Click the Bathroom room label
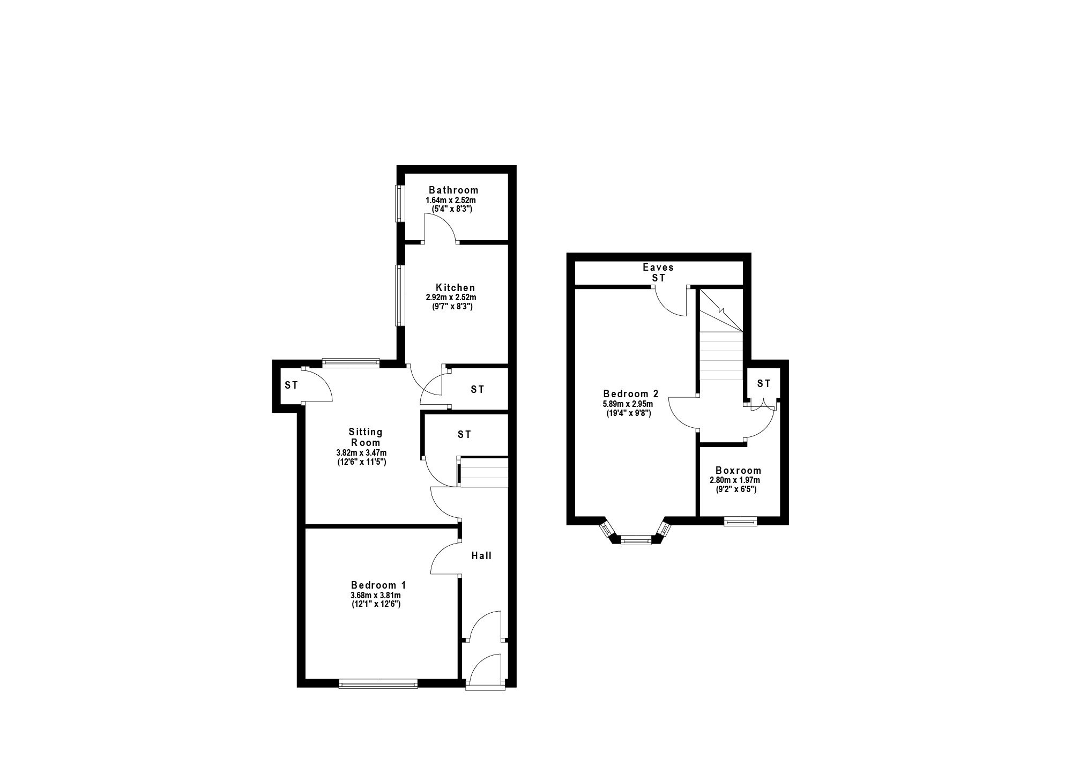coord(453,190)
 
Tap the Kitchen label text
coord(455,288)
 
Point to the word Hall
coord(481,556)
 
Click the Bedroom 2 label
coord(630,393)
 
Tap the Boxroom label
coord(738,471)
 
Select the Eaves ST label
coord(658,272)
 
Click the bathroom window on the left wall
coord(399,203)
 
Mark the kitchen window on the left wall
coord(399,295)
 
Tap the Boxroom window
coord(740,521)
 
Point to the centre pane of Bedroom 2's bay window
coord(636,540)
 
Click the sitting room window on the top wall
coord(351,363)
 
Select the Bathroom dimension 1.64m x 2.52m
coord(451,200)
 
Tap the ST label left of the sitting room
coord(291,385)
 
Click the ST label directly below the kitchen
coord(478,390)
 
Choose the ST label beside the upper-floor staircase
coord(764,383)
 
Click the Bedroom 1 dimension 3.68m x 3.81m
coord(376,595)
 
